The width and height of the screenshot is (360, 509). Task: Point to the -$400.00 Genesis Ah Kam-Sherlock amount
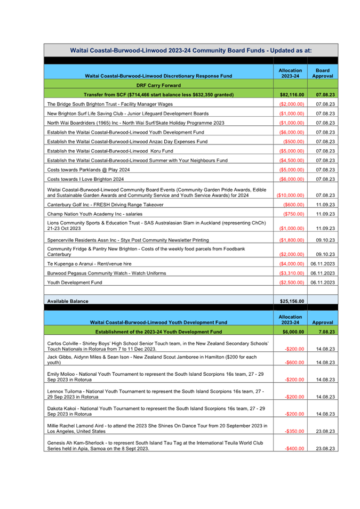pos(294,449)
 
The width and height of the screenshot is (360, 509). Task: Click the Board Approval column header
pos(322,73)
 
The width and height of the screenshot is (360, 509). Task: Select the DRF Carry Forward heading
pos(158,85)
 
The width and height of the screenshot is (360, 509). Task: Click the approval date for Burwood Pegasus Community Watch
pos(323,273)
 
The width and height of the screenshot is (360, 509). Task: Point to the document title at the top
pos(191,50)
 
